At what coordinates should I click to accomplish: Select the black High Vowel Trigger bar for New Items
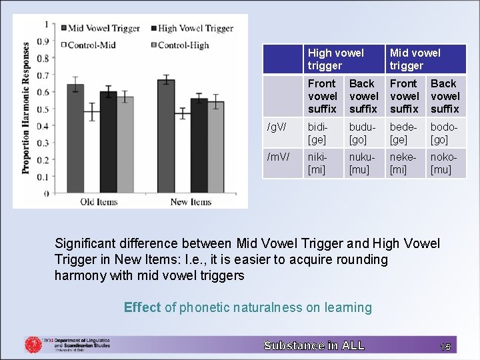coord(199,146)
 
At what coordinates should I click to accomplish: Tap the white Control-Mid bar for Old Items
coord(91,153)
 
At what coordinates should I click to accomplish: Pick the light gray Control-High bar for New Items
coord(215,147)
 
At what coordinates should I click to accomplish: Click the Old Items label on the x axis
coord(99,202)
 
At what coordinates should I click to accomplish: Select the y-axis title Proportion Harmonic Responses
coord(26,109)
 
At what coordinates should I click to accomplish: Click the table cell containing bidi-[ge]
coord(323,133)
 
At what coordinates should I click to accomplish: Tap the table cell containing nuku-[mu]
coord(364,163)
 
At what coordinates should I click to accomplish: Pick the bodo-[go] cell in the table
coord(445,133)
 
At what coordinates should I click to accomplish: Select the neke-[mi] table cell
coord(405,163)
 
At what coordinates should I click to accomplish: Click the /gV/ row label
coord(277,127)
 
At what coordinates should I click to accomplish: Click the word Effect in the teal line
coord(142,307)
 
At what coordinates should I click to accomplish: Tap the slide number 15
coord(445,346)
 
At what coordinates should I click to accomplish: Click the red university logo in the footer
coord(33,345)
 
